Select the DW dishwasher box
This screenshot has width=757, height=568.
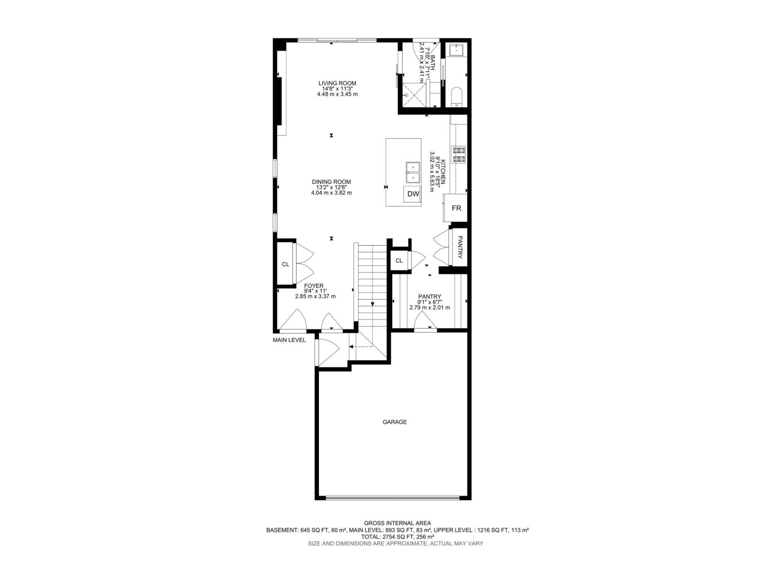[x=413, y=194]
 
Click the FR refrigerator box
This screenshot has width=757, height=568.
[x=456, y=208]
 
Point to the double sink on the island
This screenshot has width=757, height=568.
[x=413, y=173]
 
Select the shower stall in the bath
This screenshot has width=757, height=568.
[x=414, y=95]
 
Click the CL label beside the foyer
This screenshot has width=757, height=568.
[x=285, y=265]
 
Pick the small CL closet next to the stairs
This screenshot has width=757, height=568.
[x=399, y=261]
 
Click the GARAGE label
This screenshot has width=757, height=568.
[x=395, y=422]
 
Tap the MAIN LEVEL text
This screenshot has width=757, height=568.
[x=289, y=340]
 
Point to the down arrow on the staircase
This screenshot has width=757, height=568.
[x=373, y=304]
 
